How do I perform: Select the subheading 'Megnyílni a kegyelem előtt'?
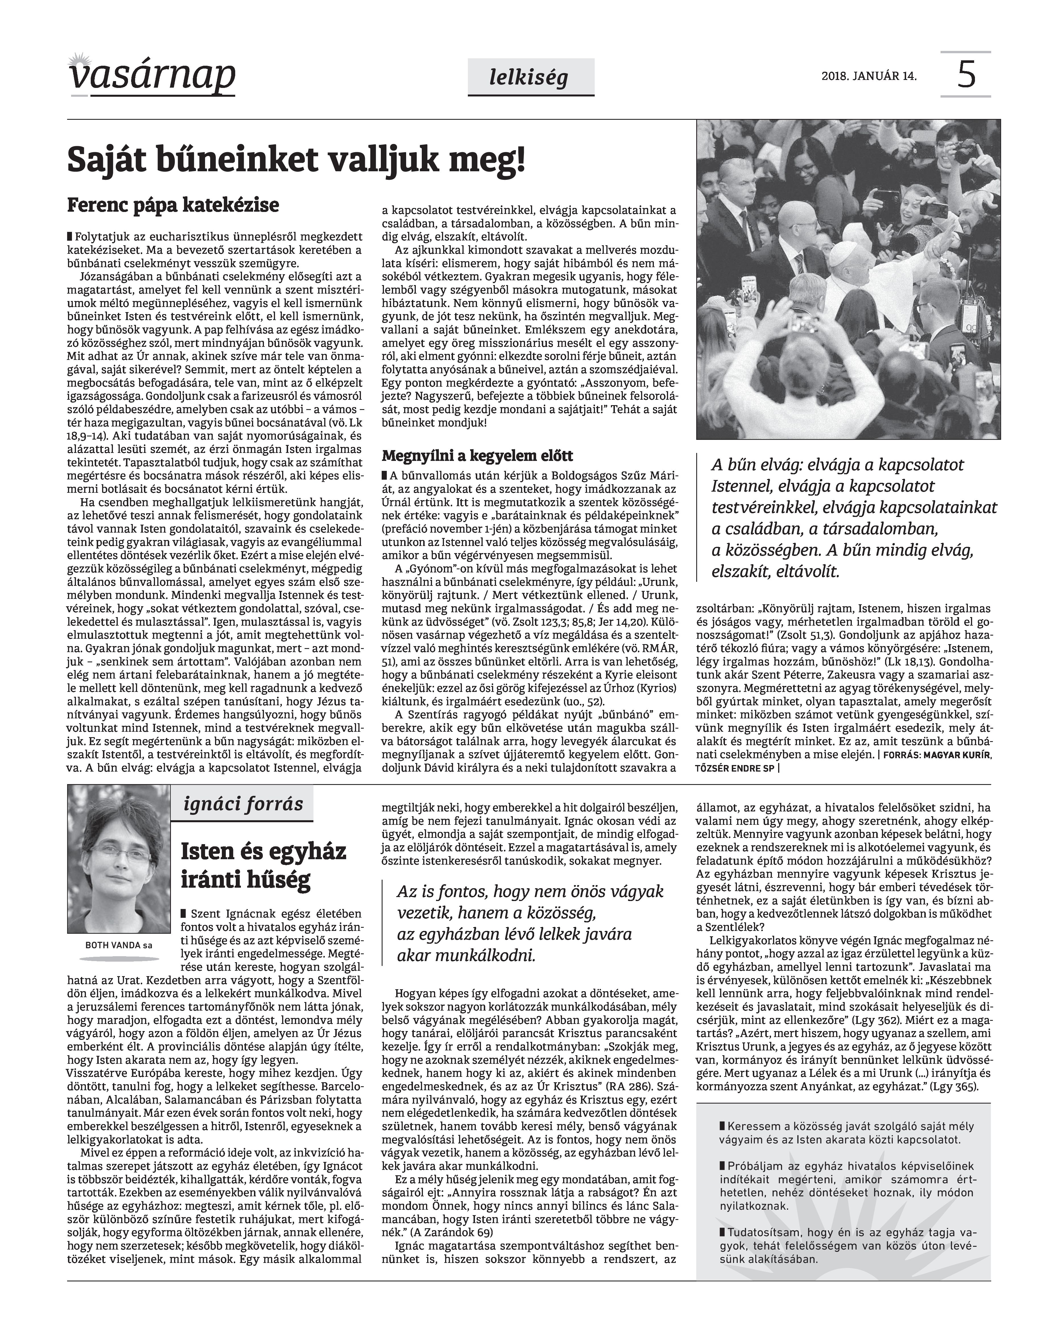(477, 456)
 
